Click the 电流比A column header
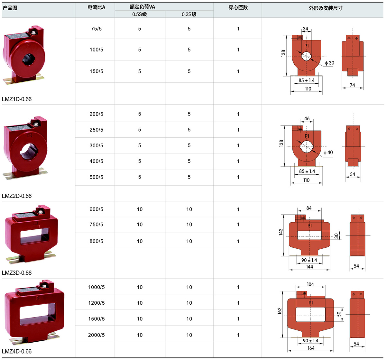coord(96,7)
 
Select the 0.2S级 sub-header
coord(189,14)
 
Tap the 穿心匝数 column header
coord(238,7)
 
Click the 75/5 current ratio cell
coord(96,29)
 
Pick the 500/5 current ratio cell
coord(96,177)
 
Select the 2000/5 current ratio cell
coord(96,335)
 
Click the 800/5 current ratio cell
coord(96,241)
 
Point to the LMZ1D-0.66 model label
coord(17,99)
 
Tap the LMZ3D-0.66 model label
coord(17,273)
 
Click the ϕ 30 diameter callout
coord(330,63)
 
